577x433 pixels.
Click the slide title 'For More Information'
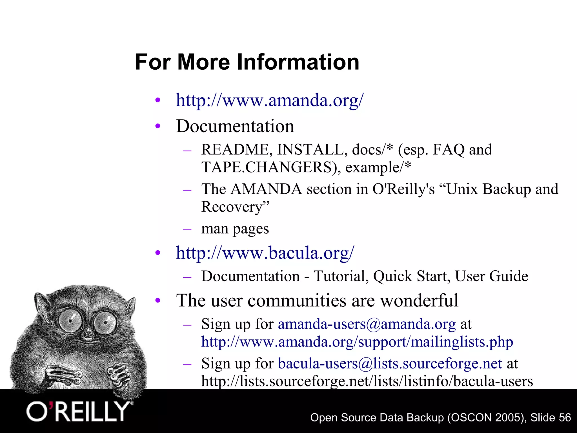(247, 62)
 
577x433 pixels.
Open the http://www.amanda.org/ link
(270, 100)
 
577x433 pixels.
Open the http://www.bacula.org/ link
(265, 253)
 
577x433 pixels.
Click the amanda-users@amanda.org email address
(367, 324)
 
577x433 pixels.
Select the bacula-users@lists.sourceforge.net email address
(390, 363)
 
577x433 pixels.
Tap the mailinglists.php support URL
(357, 342)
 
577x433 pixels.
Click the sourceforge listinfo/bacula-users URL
(367, 381)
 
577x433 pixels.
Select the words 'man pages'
(235, 229)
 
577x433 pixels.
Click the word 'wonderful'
(419, 301)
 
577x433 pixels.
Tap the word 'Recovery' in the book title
(232, 207)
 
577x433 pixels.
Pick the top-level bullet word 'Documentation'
(235, 126)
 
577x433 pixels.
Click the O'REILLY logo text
(78, 412)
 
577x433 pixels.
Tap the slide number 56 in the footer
(565, 417)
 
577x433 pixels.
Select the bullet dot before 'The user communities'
(158, 301)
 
